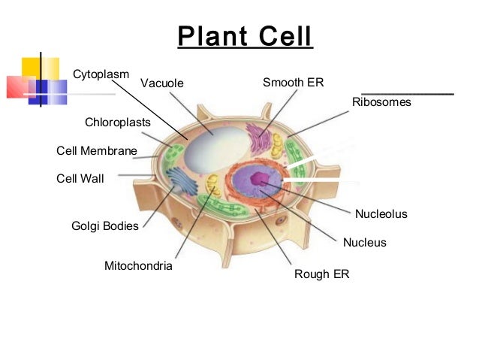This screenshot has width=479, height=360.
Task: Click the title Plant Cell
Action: (x=245, y=36)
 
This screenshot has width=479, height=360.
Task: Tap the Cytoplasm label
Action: (x=101, y=74)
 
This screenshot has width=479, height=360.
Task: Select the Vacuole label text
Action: (x=161, y=83)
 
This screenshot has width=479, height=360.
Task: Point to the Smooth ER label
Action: (x=293, y=82)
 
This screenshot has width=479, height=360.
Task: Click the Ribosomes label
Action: (x=381, y=102)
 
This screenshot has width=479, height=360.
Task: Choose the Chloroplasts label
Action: (x=118, y=122)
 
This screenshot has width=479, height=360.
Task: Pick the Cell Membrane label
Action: (x=97, y=151)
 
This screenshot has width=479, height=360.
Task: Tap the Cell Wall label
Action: (x=80, y=179)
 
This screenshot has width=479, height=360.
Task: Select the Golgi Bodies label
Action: (x=105, y=225)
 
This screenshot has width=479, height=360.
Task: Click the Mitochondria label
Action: (x=138, y=266)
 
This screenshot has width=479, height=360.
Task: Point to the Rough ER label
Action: (x=321, y=274)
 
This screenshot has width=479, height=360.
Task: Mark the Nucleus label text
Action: (x=364, y=243)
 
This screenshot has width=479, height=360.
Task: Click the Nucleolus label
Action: (x=381, y=214)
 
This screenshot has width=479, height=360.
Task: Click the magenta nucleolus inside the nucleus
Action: (x=259, y=179)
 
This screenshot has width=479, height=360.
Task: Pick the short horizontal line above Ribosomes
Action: (x=407, y=93)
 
